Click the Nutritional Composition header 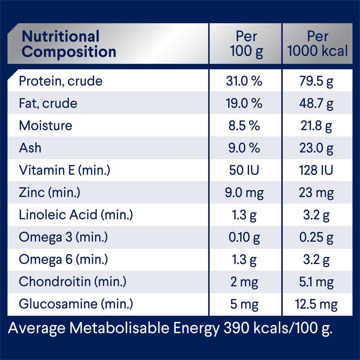(69, 44)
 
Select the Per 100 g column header (246, 44)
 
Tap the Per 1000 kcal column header (318, 44)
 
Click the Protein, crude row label (60, 81)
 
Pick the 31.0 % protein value (244, 81)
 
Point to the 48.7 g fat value (316, 104)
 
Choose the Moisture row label (45, 126)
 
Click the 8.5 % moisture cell (244, 126)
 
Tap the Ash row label (30, 148)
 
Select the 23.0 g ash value (316, 148)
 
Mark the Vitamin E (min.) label (64, 170)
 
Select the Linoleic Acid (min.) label (76, 215)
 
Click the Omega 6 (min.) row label (63, 260)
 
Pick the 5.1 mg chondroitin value (316, 282)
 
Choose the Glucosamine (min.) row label (76, 304)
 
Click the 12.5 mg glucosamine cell (316, 304)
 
